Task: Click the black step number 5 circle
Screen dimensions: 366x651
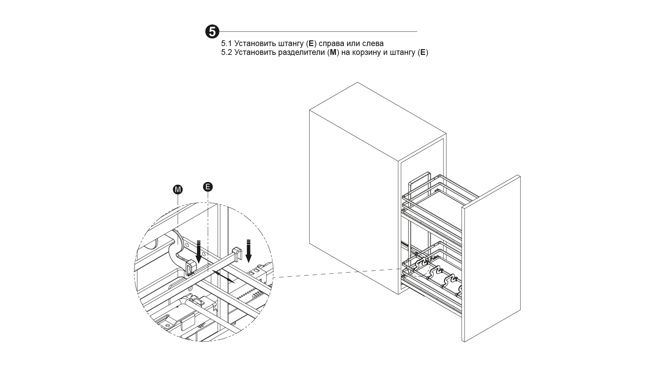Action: click(x=213, y=32)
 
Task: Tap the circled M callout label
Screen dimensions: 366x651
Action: click(x=178, y=189)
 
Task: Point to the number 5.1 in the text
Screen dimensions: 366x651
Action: click(x=226, y=43)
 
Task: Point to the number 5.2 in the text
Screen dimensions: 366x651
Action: click(x=226, y=53)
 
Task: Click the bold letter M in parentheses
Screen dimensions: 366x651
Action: click(x=333, y=53)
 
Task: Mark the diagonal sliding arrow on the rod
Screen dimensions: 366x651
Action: click(x=223, y=276)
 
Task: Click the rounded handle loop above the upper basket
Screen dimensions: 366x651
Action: click(x=420, y=183)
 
